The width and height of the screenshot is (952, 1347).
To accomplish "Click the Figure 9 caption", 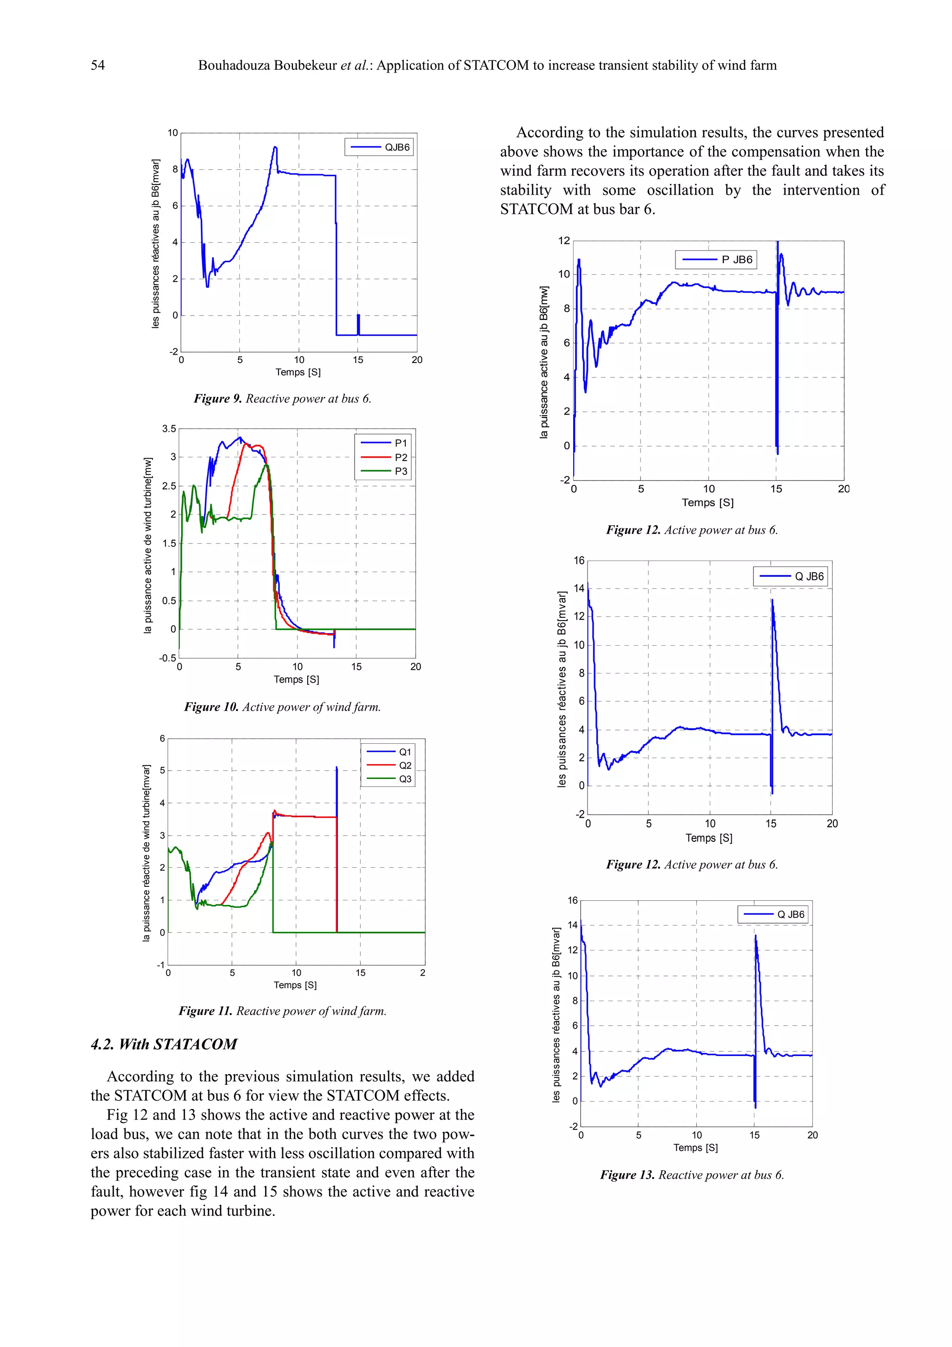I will click(282, 399).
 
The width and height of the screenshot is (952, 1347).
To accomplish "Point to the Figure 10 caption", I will click(282, 707).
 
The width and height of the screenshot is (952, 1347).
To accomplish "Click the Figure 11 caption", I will click(282, 1011).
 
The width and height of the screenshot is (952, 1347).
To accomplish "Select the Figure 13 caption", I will click(692, 1175).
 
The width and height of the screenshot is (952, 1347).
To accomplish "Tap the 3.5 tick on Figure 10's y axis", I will click(169, 429).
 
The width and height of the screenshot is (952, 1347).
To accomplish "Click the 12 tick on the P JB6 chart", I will click(564, 241).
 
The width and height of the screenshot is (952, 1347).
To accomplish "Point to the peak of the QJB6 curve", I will click(275, 147).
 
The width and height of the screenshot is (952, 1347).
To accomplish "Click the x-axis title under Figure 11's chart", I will click(295, 985).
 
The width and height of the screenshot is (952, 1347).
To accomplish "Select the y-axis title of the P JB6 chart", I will click(544, 362).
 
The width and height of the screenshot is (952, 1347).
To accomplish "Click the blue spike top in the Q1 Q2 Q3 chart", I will click(337, 767).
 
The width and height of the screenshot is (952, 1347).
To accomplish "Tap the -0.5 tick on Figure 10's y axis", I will click(167, 658).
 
